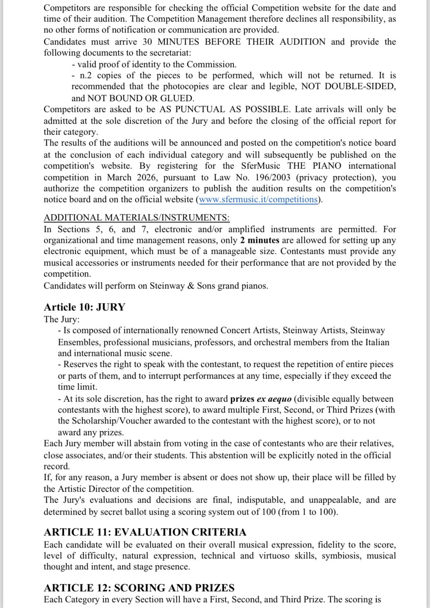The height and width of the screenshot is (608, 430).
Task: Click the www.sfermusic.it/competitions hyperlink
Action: (258, 200)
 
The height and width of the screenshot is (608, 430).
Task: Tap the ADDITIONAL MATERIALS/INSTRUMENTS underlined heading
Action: (137, 218)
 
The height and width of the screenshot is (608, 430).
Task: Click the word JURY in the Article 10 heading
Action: (111, 307)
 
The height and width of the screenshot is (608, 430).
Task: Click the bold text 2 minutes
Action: (260, 240)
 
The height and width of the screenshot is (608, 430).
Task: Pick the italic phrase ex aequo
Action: (274, 399)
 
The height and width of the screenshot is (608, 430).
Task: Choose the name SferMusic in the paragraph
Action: (261, 166)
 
